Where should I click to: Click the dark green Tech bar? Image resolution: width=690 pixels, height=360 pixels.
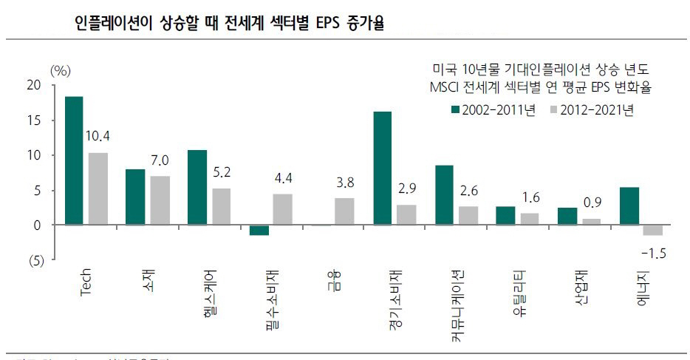tap(74, 160)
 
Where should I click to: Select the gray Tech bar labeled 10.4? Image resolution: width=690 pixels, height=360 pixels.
tap(98, 189)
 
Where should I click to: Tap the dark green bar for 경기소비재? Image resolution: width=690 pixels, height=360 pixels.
tap(382, 168)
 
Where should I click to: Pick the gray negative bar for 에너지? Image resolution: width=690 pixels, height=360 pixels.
tap(653, 230)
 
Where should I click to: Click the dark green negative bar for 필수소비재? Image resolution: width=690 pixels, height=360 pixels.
tap(259, 230)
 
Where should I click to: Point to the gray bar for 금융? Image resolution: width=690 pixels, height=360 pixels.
tap(344, 211)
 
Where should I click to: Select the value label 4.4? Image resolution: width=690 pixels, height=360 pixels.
tap(283, 178)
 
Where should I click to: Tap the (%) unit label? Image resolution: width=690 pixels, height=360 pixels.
tap(60, 70)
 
